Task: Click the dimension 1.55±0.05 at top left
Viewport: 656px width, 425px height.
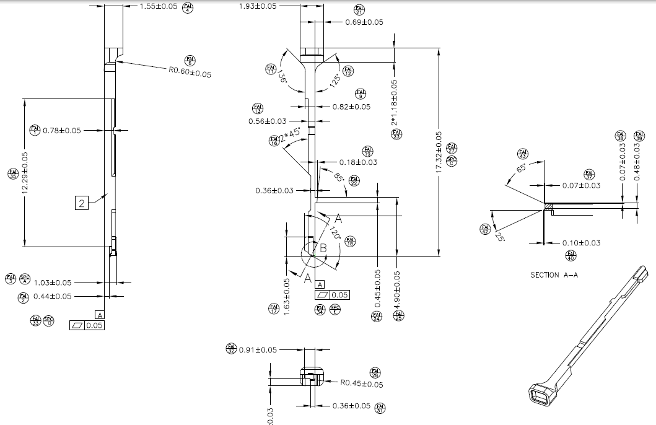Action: [x=158, y=6]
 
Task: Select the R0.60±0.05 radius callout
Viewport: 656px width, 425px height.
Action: [x=190, y=72]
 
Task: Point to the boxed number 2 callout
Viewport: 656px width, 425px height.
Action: [x=82, y=202]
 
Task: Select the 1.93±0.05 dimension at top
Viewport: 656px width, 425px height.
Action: [x=258, y=6]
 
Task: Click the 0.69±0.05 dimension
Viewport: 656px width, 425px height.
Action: [x=364, y=22]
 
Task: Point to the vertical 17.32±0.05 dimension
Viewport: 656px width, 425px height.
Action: [x=439, y=152]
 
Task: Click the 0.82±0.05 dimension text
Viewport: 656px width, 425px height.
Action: [x=351, y=107]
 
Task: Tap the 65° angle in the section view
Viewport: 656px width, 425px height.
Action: [x=521, y=170]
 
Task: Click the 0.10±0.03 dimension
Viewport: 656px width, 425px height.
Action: [x=581, y=243]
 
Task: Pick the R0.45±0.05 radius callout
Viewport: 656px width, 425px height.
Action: [x=362, y=384]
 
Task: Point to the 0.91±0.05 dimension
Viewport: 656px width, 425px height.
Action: [x=258, y=349]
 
